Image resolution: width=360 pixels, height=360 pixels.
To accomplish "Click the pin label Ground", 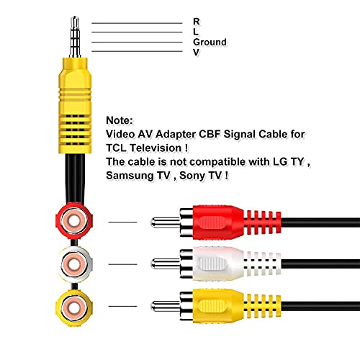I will (210, 42).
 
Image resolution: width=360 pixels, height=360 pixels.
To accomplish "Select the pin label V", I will (196, 53).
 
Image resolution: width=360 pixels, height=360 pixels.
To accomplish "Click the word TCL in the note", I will (117, 146).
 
